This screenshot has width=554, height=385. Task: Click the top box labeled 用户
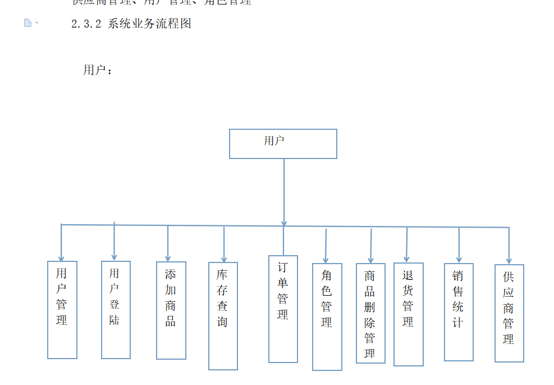coord(283,143)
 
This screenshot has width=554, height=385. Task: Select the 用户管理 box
coord(62,309)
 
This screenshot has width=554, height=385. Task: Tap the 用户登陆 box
coord(116,309)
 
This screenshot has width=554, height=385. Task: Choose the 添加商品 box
coord(171,310)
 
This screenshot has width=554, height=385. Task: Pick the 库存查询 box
coord(223,315)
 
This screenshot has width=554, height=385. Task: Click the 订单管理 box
coord(283,309)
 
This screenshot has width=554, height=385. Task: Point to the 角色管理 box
coord(327,316)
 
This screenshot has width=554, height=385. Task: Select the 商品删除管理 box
coord(370,313)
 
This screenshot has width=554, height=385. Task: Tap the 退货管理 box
coord(408,314)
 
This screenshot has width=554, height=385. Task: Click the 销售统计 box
coord(459,312)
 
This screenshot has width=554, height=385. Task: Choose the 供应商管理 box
coord(509,313)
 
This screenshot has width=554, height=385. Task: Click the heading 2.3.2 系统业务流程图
coord(132,24)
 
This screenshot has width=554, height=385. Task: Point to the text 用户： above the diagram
coord(98,70)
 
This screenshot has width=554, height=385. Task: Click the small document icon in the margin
coord(28,23)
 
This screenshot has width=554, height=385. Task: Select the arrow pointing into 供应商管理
coord(509,247)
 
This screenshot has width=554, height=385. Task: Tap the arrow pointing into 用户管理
coord(61,244)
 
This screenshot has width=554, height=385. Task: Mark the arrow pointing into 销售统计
coord(459,246)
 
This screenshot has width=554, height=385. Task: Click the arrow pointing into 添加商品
coord(168,244)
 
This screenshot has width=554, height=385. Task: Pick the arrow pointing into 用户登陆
coord(115,242)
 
